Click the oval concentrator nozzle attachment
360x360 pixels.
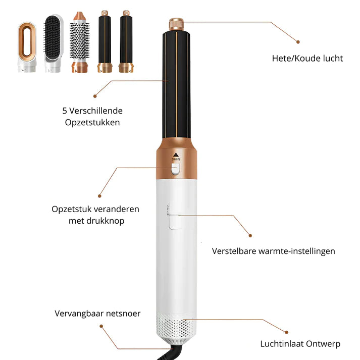pyautogui.click(x=27, y=47)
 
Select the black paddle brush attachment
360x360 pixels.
pyautogui.click(x=53, y=43)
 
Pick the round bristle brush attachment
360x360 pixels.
pyautogui.click(x=79, y=42)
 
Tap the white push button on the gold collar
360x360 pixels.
pyautogui.click(x=176, y=169)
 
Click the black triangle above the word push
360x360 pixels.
pyautogui.click(x=176, y=155)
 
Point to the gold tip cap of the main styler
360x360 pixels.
pyautogui.click(x=176, y=24)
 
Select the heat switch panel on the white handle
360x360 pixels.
pyautogui.click(x=175, y=222)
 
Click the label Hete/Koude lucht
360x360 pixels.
pyautogui.click(x=307, y=59)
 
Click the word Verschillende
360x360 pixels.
pyautogui.click(x=96, y=111)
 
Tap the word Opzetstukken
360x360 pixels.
pyautogui.click(x=92, y=123)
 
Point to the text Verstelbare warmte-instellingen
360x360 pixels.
pyautogui.click(x=274, y=251)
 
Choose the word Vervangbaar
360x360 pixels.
pyautogui.click(x=78, y=314)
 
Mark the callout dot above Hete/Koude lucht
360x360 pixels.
pyautogui.click(x=298, y=42)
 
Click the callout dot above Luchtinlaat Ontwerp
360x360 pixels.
pyautogui.click(x=286, y=332)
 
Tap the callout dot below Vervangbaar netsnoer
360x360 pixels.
pyautogui.click(x=101, y=326)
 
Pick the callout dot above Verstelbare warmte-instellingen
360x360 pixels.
pyautogui.click(x=250, y=236)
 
